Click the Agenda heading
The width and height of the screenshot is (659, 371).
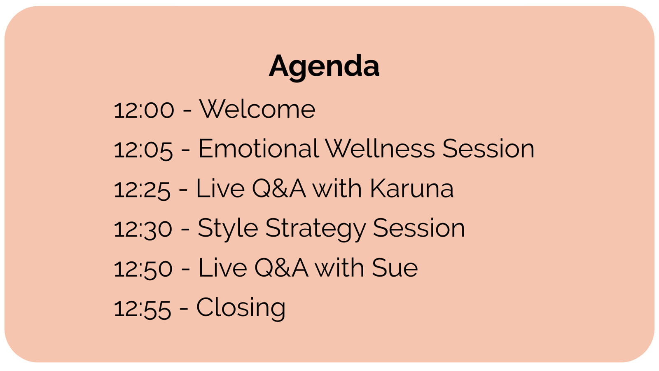(x=324, y=67)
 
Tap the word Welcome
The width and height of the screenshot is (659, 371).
(x=257, y=109)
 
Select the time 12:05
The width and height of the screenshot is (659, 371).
(x=143, y=150)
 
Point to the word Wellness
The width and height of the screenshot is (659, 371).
(x=380, y=149)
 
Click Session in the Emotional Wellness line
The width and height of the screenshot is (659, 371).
(x=488, y=149)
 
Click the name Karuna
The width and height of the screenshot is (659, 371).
(x=411, y=188)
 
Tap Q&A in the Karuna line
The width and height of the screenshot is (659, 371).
(x=279, y=188)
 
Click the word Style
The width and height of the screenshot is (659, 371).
(x=228, y=230)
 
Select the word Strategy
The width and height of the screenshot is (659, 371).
(x=315, y=230)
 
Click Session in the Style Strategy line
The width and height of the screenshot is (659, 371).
(x=419, y=228)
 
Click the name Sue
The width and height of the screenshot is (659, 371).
(x=395, y=268)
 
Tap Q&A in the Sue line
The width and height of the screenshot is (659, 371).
(x=281, y=268)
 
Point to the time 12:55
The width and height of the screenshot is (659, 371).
(x=143, y=309)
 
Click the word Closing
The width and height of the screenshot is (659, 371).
(x=241, y=309)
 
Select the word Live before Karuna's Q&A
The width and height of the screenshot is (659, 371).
(x=220, y=188)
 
